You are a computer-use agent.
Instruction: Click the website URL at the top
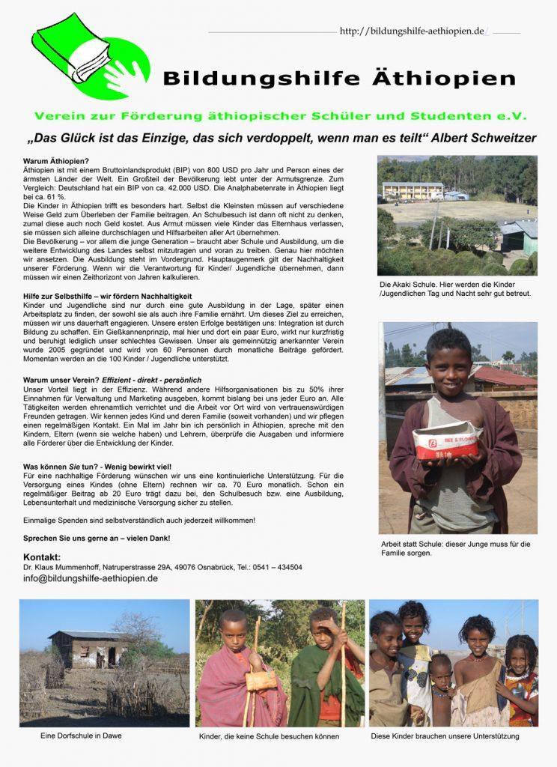413,31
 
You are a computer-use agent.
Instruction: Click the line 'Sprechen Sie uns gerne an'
97,538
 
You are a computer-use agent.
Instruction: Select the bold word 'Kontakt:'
42,557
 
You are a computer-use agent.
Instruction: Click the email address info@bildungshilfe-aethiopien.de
91,578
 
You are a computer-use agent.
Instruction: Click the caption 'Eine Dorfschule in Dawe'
81,736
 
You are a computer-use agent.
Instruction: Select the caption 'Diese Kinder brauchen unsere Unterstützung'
445,736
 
